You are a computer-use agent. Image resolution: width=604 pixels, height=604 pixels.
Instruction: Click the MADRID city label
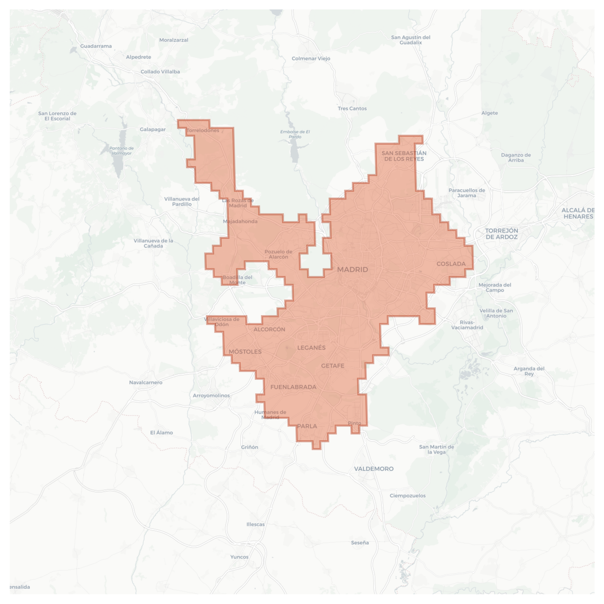click(353, 269)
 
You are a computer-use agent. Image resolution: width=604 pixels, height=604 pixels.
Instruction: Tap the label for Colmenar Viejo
click(311, 58)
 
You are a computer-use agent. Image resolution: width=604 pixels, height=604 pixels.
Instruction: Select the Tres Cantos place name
click(352, 109)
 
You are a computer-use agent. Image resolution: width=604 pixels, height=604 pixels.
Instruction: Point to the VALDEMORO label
click(374, 469)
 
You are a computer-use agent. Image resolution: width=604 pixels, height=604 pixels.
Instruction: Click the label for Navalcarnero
click(146, 382)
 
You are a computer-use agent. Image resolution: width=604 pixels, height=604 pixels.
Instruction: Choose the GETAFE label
click(333, 366)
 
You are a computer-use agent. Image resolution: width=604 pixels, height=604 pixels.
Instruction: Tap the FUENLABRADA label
click(293, 387)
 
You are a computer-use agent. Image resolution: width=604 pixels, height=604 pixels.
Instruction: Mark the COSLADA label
click(451, 264)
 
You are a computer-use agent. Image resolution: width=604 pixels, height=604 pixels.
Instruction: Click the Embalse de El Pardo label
click(295, 134)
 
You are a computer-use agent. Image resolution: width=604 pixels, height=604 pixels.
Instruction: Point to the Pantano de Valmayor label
click(122, 151)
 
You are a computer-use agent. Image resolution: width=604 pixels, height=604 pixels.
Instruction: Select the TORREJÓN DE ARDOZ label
click(502, 234)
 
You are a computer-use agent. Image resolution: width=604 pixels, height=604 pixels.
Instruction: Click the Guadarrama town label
click(96, 46)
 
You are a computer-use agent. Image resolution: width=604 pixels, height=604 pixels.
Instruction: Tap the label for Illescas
click(255, 524)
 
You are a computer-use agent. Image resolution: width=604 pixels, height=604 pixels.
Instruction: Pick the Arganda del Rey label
click(529, 371)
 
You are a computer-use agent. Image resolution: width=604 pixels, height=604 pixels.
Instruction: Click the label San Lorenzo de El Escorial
click(57, 116)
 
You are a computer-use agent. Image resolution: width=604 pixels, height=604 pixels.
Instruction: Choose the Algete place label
click(490, 113)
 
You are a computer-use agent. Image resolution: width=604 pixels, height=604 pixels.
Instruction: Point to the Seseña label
click(360, 543)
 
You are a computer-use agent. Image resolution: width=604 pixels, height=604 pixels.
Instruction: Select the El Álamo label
click(161, 433)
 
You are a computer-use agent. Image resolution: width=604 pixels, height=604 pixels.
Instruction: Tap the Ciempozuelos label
click(407, 496)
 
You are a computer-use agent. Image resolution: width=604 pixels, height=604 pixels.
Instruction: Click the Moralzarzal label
click(173, 40)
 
